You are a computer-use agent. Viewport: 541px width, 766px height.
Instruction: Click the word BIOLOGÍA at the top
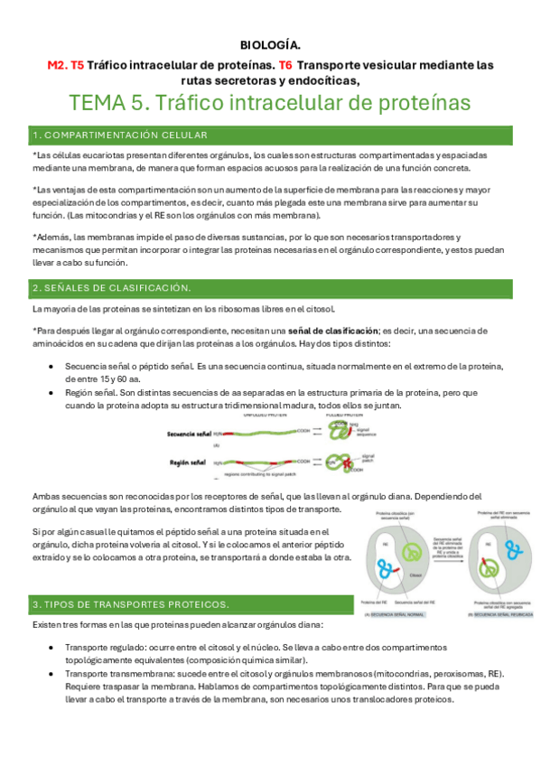(270, 44)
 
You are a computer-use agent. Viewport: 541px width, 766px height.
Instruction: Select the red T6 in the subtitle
(285, 65)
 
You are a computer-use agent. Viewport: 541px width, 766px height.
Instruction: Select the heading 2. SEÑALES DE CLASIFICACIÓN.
(111, 287)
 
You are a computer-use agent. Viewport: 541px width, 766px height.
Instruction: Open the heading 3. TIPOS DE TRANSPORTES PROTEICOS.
(131, 603)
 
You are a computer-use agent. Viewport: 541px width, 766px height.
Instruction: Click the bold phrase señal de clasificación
(340, 330)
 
